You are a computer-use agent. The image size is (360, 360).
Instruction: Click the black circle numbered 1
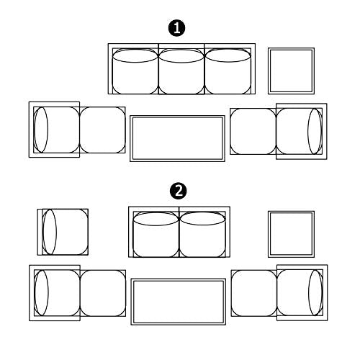point(176,28)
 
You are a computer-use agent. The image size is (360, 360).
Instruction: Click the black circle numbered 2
point(178,192)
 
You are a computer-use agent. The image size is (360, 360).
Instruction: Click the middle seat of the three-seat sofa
point(181,71)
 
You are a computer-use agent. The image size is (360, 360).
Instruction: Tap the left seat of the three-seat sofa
point(135,71)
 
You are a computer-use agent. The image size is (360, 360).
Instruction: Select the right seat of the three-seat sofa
point(228,71)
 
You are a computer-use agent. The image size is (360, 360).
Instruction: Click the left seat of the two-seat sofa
point(156,235)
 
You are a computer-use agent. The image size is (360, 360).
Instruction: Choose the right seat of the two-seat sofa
point(202,235)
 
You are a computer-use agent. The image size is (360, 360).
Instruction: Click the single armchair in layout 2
point(63,232)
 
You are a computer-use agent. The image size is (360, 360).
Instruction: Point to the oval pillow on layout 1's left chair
point(41,130)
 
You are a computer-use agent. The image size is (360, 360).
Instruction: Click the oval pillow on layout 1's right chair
point(315,131)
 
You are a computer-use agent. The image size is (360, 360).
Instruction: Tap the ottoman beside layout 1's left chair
point(102,130)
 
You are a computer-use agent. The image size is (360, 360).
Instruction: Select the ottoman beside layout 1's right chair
point(253,131)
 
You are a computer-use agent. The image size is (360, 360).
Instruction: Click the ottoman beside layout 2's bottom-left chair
point(103,293)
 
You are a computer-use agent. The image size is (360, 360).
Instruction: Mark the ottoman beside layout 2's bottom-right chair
point(254,293)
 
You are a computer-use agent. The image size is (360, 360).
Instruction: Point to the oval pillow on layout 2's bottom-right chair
point(315,292)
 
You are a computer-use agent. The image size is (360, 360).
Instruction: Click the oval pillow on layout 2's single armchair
point(50,232)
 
